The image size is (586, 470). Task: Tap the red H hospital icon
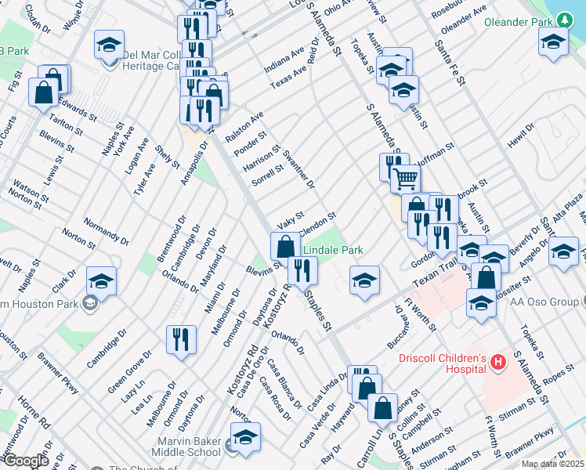pyautogui.click(x=498, y=361)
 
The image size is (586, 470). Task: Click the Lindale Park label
pyautogui.click(x=333, y=250)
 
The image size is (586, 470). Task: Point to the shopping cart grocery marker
pyautogui.click(x=405, y=179)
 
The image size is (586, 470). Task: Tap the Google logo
pyautogui.click(x=25, y=461)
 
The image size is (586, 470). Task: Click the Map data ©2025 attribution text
pyautogui.click(x=552, y=464)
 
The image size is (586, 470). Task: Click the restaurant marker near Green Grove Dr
pyautogui.click(x=181, y=340)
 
